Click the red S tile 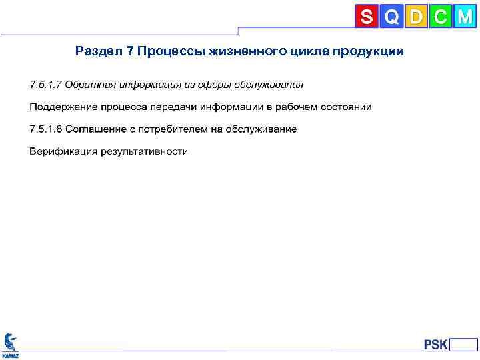pyautogui.click(x=367, y=17)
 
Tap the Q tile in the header pyautogui.click(x=392, y=17)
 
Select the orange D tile pyautogui.click(x=416, y=17)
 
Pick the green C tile pyautogui.click(x=440, y=17)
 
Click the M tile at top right pyautogui.click(x=465, y=17)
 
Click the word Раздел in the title pyautogui.click(x=98, y=51)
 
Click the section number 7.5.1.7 pyautogui.click(x=45, y=85)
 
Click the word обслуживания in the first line pyautogui.click(x=270, y=85)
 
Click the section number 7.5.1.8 pyautogui.click(x=45, y=129)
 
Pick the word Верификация pyautogui.click(x=63, y=151)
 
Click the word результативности pyautogui.click(x=145, y=151)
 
